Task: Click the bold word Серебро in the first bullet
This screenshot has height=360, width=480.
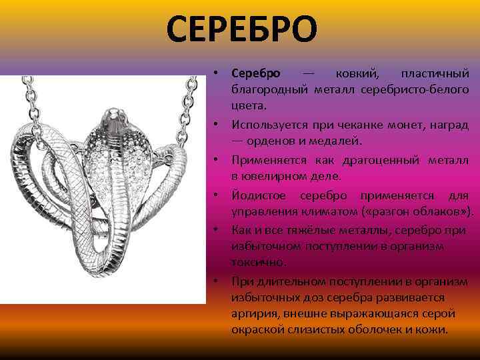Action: tap(256, 72)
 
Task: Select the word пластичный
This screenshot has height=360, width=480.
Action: tap(434, 72)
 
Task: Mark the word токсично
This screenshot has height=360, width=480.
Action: tap(259, 262)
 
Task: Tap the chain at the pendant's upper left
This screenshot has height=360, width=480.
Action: tap(28, 100)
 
